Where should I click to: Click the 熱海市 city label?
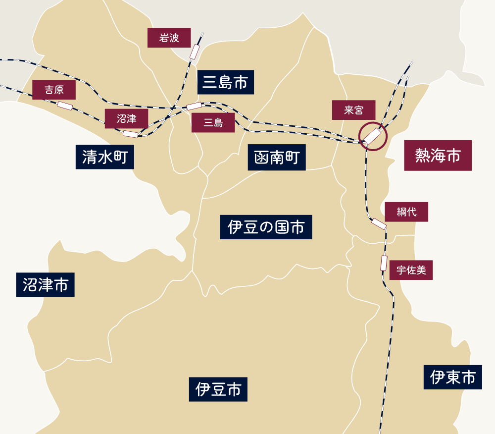(438, 156)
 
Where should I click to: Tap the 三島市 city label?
(226, 82)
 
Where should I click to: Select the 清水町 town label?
(105, 157)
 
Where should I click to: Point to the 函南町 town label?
(277, 158)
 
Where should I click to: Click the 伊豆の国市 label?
(266, 227)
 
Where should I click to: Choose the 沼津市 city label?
(45, 284)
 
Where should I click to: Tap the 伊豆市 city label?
(218, 389)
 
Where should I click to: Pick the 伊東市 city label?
(453, 378)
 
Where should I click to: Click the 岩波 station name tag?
(169, 38)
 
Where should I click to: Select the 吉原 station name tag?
(54, 90)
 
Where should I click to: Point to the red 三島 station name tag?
(213, 122)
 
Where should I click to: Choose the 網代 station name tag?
(406, 212)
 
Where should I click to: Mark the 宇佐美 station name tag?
(411, 270)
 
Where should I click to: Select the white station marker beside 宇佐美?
(384, 263)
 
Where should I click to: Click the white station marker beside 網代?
(379, 224)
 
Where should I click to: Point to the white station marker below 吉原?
(65, 105)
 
